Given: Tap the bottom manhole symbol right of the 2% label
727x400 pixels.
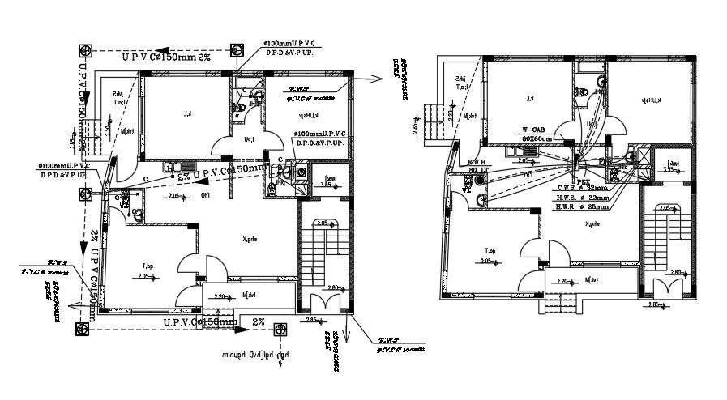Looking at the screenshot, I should pyautogui.click(x=280, y=329).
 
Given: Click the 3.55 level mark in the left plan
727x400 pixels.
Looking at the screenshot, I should pyautogui.click(x=327, y=185).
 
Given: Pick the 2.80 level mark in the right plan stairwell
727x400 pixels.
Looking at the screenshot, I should pyautogui.click(x=678, y=273).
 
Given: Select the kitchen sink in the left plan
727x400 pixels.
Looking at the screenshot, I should pyautogui.click(x=173, y=168).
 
